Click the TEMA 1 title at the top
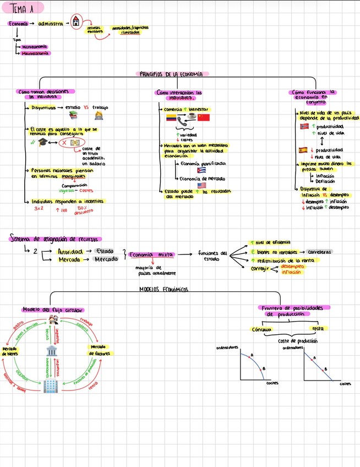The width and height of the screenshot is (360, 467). (x=21, y=8)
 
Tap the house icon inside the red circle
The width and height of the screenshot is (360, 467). (x=75, y=23)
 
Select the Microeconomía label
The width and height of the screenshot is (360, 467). (x=34, y=47)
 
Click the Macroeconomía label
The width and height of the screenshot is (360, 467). (x=35, y=53)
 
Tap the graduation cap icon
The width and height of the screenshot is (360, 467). (x=42, y=142)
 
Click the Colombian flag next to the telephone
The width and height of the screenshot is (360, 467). (x=170, y=118)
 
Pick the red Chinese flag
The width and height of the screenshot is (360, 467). (x=204, y=118)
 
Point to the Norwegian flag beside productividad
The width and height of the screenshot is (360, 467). (x=304, y=127)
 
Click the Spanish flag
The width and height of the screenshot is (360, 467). (x=303, y=150)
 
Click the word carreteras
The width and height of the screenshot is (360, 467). (x=319, y=251)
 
